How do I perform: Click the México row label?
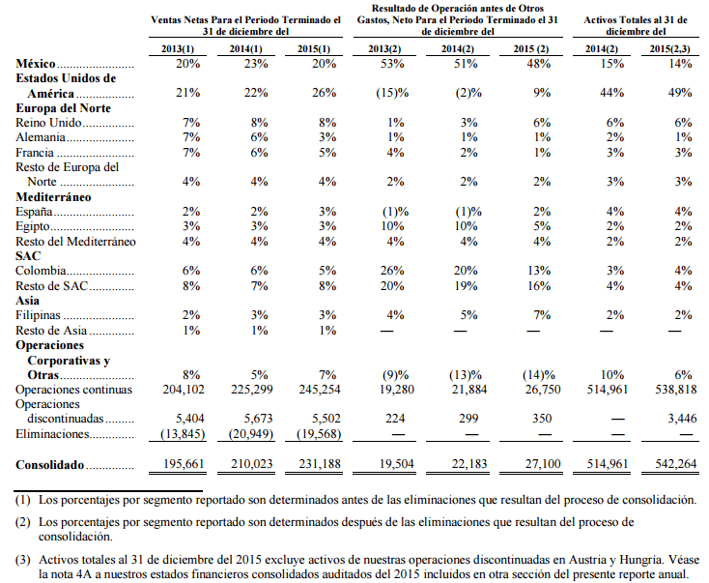click(x=36, y=64)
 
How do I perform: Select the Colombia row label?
click(x=41, y=271)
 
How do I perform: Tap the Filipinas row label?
click(x=38, y=315)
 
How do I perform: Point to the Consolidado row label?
click(x=49, y=465)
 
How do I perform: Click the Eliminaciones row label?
click(x=52, y=434)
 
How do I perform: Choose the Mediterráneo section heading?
click(x=53, y=197)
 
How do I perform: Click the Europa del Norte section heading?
click(x=64, y=108)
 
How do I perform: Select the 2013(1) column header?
click(x=178, y=49)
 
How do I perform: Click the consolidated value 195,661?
click(x=184, y=464)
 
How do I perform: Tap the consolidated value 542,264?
click(x=676, y=464)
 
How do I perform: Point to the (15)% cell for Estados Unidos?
click(x=392, y=93)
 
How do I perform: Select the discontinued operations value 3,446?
click(x=682, y=419)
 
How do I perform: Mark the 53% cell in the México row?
click(x=392, y=64)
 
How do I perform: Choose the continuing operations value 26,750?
click(x=543, y=390)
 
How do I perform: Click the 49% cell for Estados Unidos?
click(x=680, y=93)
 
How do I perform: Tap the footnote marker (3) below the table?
click(x=22, y=560)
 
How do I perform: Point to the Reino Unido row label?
click(x=49, y=123)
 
